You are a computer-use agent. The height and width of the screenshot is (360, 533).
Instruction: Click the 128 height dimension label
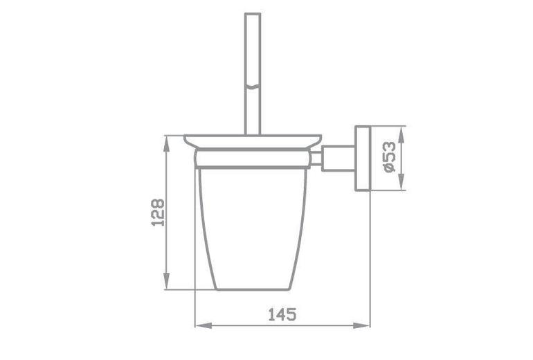point(158,213)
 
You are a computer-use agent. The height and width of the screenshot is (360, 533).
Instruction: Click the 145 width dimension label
point(282,314)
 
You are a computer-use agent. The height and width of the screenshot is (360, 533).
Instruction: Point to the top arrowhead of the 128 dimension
point(166,144)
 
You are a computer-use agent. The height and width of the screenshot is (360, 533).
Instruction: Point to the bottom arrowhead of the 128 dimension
point(166,281)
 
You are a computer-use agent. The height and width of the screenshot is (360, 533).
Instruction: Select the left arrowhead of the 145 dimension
point(204,325)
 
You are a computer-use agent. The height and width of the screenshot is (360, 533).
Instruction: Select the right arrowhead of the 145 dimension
point(361,325)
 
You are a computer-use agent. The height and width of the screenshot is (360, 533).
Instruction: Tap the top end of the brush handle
point(253,14)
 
